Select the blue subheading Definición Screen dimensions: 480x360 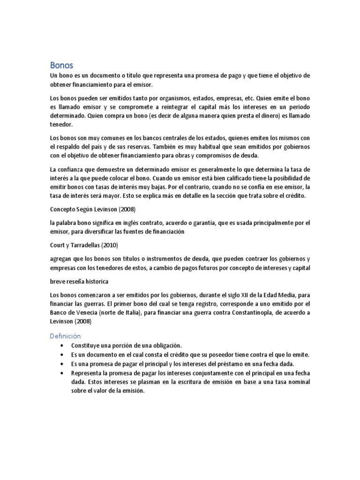coord(65,336)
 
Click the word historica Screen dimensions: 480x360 coord(94,281)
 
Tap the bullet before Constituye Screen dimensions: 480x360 coord(62,346)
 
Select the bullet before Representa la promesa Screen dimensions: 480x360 coord(62,373)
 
